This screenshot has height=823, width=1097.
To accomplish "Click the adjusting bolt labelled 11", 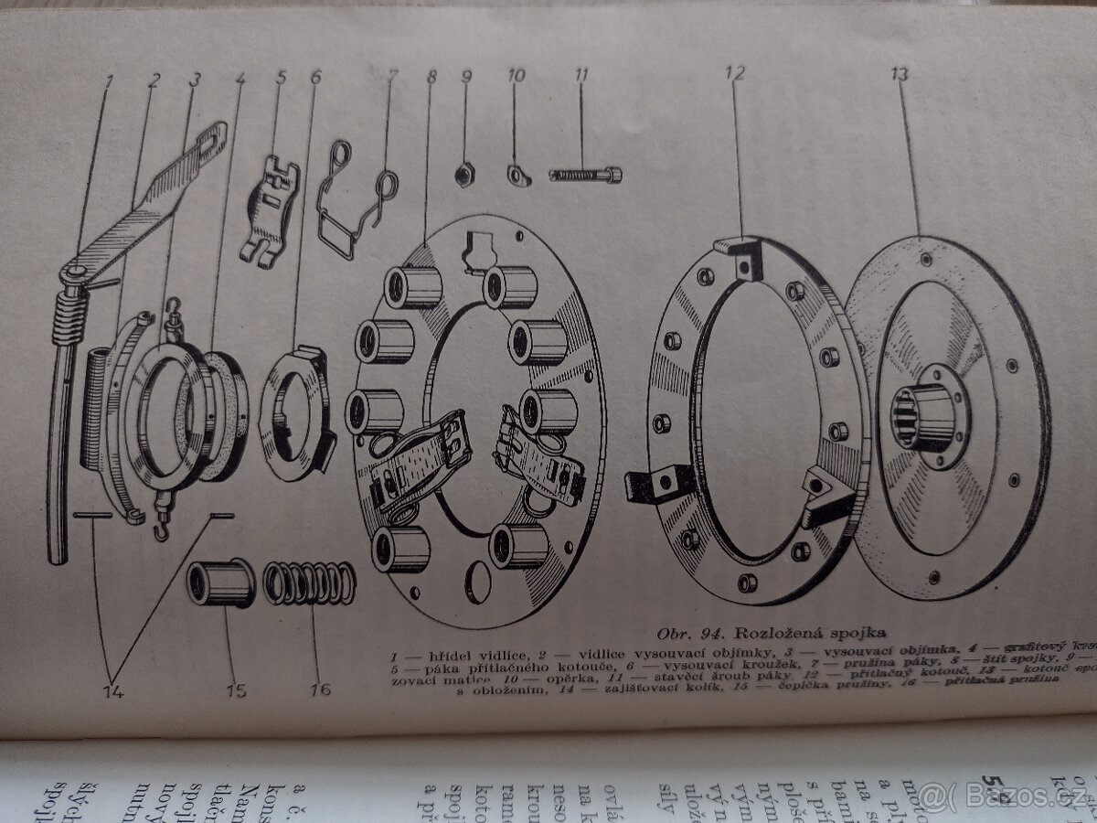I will [586, 174].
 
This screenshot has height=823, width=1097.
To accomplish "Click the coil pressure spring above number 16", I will [309, 583].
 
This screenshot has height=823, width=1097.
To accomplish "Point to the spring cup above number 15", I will [220, 583].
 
